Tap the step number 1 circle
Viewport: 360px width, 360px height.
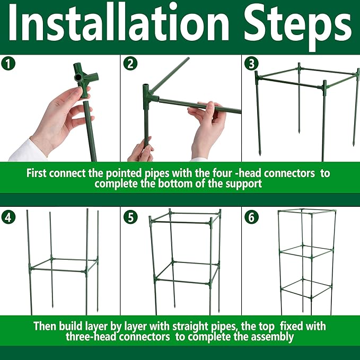pyautogui.click(x=8, y=64)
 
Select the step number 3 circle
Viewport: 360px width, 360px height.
pyautogui.click(x=251, y=64)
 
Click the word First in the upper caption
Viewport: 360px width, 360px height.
pyautogui.click(x=38, y=173)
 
